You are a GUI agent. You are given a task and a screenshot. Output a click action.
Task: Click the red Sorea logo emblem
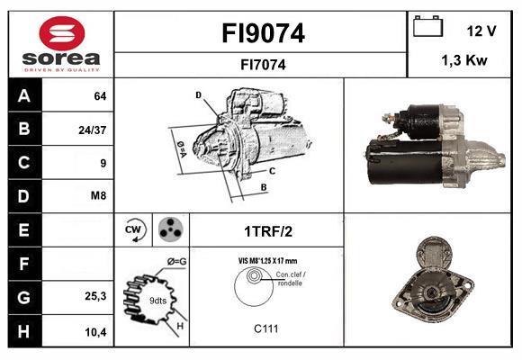pos(62,33)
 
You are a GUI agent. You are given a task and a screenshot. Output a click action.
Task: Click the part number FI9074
pos(263,33)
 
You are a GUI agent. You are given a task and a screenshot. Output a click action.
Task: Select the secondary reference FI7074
pos(263,65)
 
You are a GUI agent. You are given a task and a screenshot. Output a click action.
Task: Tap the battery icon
pos(427,26)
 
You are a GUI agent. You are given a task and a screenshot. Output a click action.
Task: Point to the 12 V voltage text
pos(481,31)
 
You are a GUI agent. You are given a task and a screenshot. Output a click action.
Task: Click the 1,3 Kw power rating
pos(464,60)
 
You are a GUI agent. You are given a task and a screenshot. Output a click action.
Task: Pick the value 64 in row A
pos(100,96)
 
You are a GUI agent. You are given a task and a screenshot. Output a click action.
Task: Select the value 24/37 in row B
pos(92,130)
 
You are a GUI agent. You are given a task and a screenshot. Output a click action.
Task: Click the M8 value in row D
pos(98,195)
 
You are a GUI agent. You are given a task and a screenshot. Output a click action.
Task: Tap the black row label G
pos(24,297)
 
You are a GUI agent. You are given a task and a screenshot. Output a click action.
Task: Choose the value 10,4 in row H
pos(95,332)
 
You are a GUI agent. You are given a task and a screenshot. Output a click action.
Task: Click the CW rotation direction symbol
pos(133,229)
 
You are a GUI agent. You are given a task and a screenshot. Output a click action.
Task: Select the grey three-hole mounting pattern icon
pos(171,229)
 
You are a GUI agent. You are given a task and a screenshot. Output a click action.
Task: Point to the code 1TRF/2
pos(268,231)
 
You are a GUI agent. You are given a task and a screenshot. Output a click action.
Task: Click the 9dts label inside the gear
pos(157,301)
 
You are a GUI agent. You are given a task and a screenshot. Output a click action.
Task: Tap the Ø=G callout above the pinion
pos(177,262)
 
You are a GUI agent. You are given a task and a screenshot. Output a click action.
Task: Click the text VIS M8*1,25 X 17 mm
pos(267,261)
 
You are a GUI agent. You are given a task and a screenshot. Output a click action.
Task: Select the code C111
pos(265,328)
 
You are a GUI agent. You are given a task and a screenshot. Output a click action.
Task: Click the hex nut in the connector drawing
pos(253,276)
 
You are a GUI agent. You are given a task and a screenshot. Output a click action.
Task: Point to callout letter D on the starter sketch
pos(198,95)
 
